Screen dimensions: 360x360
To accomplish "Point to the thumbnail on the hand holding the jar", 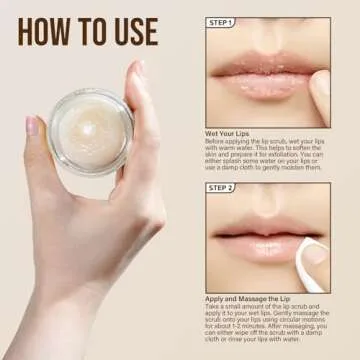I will pos(33,127).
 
